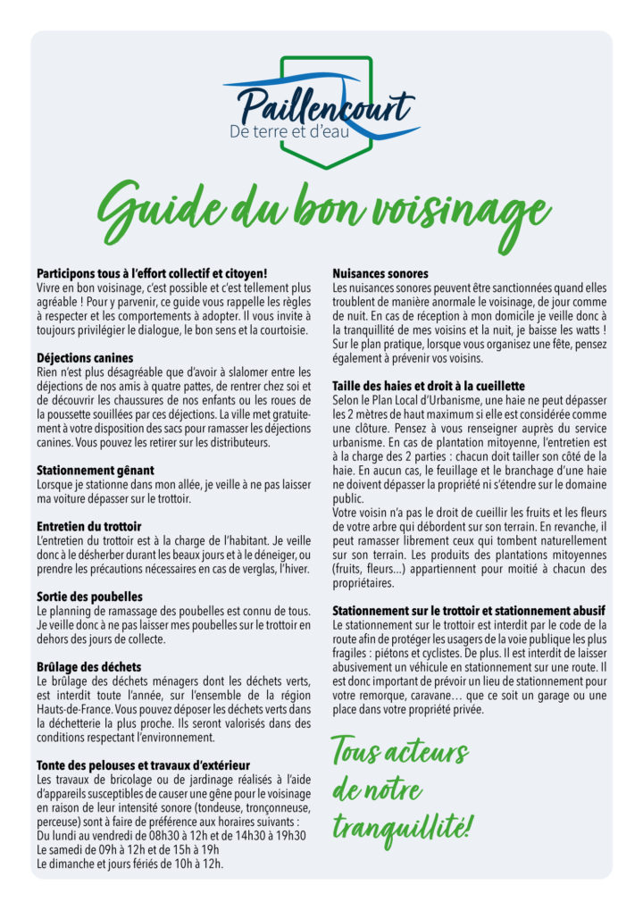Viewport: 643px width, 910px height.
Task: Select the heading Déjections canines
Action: [91, 358]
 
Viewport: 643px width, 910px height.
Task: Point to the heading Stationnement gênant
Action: [96, 470]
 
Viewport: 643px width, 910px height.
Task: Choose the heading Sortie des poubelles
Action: [89, 596]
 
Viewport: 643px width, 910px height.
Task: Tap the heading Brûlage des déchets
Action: [88, 666]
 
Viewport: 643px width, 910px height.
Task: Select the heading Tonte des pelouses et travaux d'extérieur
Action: [143, 764]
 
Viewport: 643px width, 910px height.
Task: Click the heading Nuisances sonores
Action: [380, 273]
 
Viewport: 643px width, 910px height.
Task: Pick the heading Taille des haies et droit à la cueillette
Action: [429, 385]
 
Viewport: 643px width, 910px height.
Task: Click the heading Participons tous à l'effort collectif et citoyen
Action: [153, 273]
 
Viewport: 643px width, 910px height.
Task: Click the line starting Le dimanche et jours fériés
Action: [129, 864]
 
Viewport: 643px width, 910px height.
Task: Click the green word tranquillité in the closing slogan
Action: [400, 828]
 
